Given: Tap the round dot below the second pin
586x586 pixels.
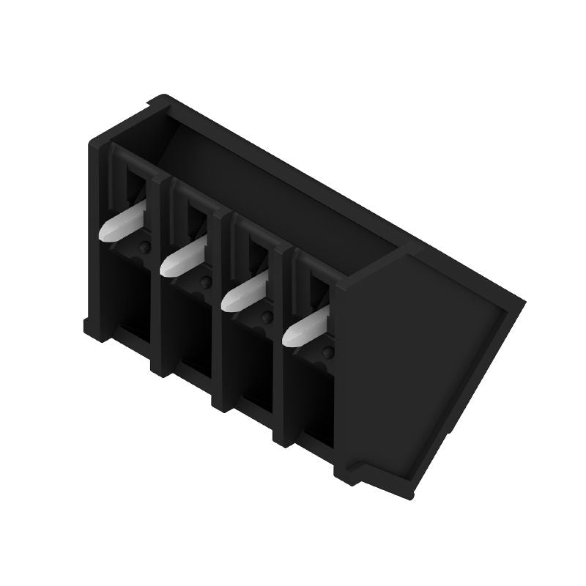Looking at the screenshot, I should (x=207, y=282).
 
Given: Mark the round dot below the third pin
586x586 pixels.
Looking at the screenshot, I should (x=267, y=316).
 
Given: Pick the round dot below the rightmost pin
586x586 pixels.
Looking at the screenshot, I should (x=327, y=354).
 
